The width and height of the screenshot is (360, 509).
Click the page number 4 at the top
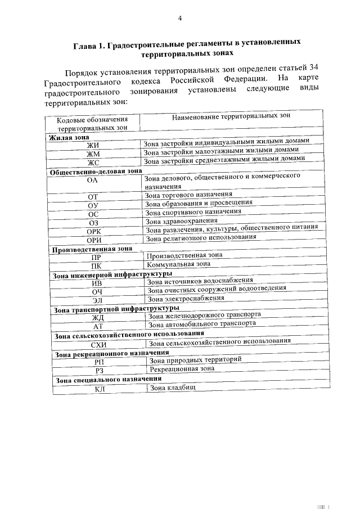click(x=180, y=18)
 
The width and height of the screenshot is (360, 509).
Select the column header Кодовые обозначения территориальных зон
click(x=92, y=123)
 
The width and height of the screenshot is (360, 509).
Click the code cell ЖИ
click(x=92, y=145)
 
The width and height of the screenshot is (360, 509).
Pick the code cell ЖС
click(x=93, y=163)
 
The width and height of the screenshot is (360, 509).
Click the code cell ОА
click(x=93, y=180)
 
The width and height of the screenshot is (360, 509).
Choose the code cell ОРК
click(x=94, y=232)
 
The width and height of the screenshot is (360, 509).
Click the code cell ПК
click(x=96, y=265)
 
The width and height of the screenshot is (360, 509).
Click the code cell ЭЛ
click(x=98, y=300)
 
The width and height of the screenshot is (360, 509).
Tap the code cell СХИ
click(x=98, y=344)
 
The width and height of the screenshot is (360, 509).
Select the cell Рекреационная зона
click(x=182, y=369)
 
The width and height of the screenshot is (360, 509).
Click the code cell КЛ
click(x=100, y=389)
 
